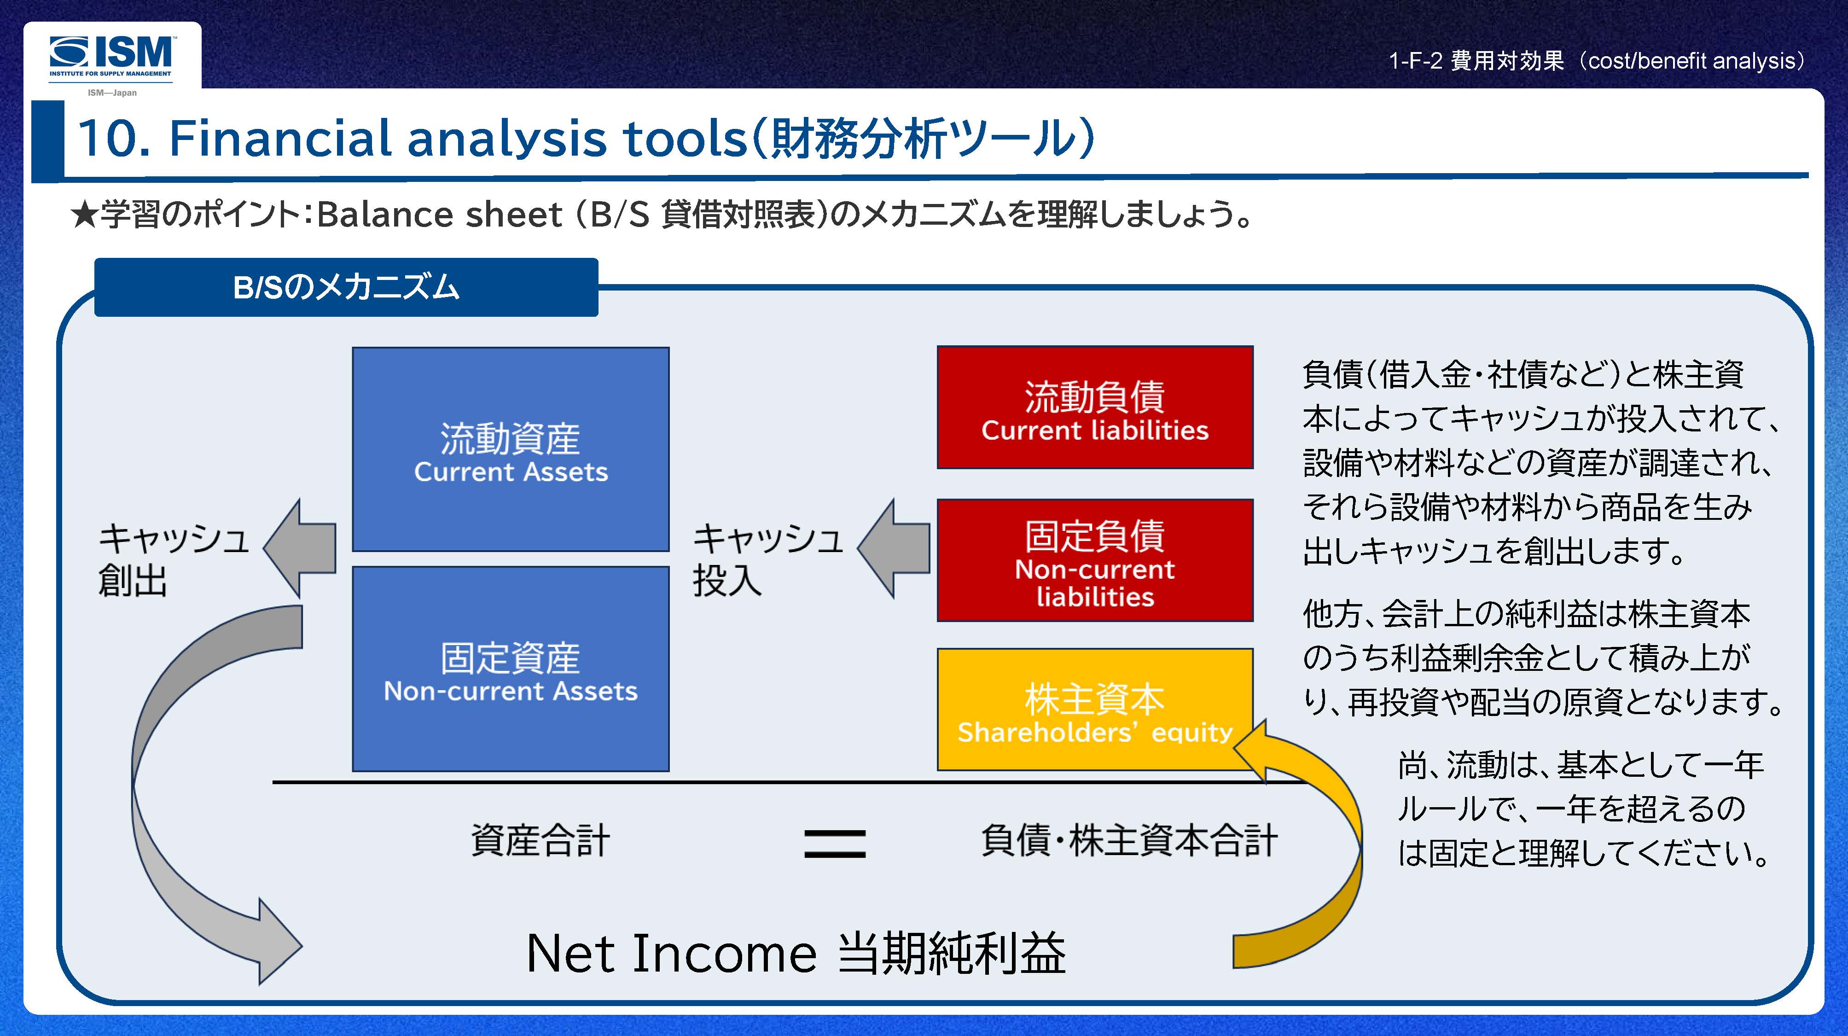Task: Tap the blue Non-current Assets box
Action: tap(510, 669)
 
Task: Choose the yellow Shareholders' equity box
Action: tap(1095, 709)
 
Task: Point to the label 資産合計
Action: tap(540, 840)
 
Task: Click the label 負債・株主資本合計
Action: tap(1128, 840)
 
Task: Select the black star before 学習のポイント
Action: tap(84, 215)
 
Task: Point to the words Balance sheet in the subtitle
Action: tap(439, 215)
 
